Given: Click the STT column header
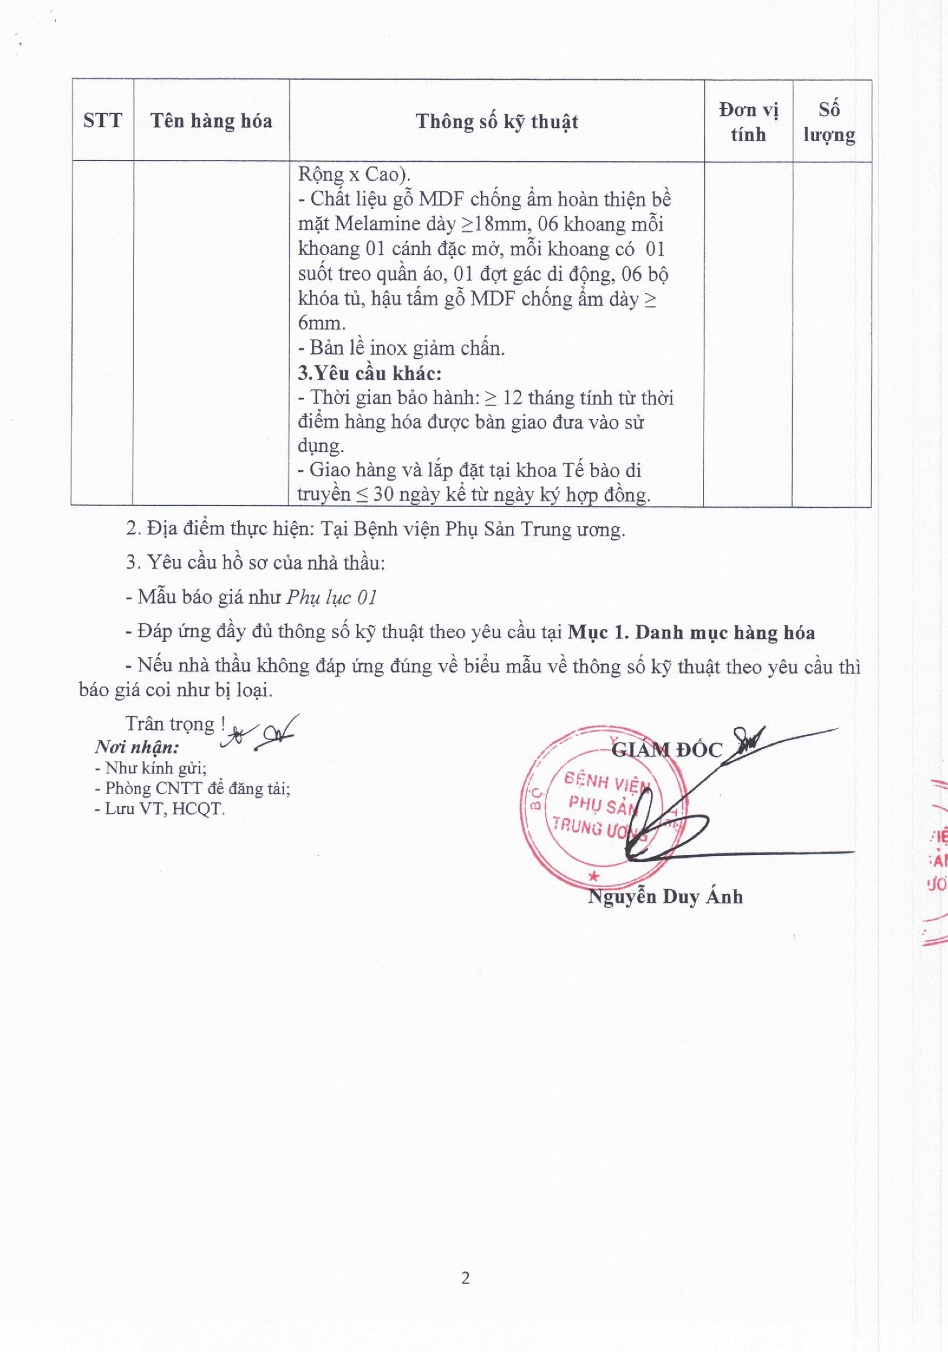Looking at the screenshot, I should coord(103,120).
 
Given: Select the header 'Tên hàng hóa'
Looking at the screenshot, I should coord(211,121).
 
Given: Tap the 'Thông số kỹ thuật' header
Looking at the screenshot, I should coord(496,122).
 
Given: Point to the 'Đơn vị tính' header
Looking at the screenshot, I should coord(748,122).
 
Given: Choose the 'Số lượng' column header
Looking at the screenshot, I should coord(829,122).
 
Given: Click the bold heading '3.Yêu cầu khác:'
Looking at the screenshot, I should coord(370,373).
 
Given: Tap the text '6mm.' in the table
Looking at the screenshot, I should coord(322,323).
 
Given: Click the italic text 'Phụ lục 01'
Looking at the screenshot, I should coord(332,597).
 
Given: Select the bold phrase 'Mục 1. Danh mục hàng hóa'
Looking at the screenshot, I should coord(691,632).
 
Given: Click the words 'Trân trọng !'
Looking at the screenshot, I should coord(175,724).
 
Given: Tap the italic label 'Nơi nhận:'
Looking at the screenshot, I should coord(137,747).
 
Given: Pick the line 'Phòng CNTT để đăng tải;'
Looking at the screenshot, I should coord(197,788).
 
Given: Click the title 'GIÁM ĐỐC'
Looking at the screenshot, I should coord(666,750).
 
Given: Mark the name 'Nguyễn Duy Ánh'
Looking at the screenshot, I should coord(665,897).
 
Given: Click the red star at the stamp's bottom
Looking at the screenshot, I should coord(594,877).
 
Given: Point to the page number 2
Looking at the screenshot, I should coord(466,1278).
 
